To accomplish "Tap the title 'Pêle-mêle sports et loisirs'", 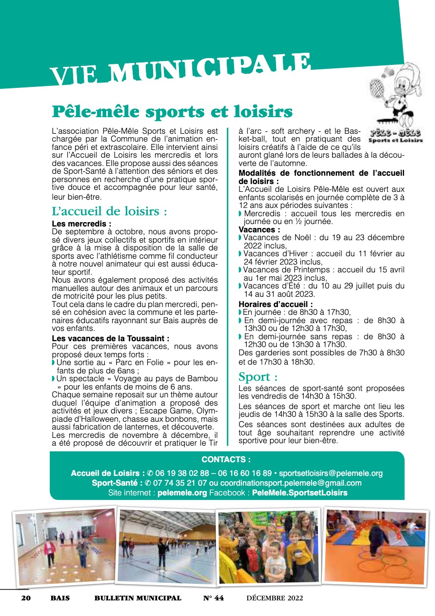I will [x=172, y=112].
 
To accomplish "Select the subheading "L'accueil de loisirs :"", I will [x=110, y=212].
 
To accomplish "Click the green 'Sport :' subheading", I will [x=258, y=377].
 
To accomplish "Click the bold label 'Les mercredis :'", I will [x=82, y=224].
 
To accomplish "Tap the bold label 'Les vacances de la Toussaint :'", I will [x=111, y=338].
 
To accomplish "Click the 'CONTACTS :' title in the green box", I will [x=227, y=460].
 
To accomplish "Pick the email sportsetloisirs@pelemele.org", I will [x=331, y=473].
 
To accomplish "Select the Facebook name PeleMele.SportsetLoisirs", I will [x=299, y=493].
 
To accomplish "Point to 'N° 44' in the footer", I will [x=213, y=598].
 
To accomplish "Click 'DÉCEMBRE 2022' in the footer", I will [x=275, y=598].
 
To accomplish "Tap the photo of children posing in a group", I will [x=269, y=546].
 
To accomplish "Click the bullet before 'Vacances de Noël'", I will [x=240, y=238].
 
